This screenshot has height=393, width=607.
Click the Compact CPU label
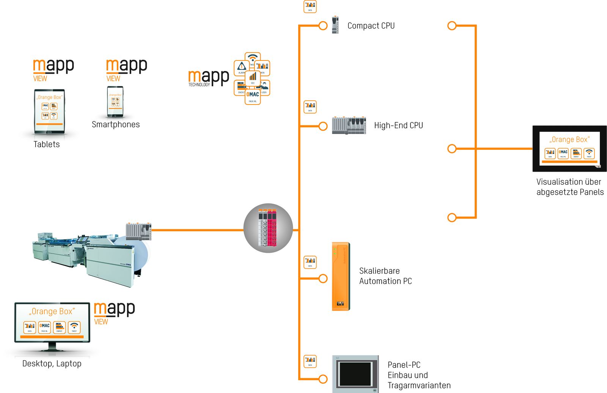click(x=371, y=26)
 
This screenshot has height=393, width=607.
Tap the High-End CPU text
click(x=398, y=125)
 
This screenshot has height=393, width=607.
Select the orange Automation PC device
click(x=341, y=276)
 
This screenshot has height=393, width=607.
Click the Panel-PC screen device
click(x=355, y=374)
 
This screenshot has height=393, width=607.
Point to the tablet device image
click(x=49, y=112)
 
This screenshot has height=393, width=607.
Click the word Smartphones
click(x=116, y=125)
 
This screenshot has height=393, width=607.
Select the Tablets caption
click(x=46, y=144)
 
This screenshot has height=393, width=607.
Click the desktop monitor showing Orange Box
click(x=52, y=323)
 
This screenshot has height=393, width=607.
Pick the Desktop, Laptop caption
click(x=52, y=364)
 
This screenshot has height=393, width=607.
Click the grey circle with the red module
click(x=268, y=228)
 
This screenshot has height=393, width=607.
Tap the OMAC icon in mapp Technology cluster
click(x=253, y=96)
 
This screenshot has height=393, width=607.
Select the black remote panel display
click(x=569, y=149)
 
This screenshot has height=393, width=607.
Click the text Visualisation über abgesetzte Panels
click(x=570, y=187)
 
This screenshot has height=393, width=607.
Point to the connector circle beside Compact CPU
click(x=323, y=26)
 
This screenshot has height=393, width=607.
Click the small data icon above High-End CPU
click(x=310, y=106)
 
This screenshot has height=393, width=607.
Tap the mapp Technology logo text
click(x=208, y=78)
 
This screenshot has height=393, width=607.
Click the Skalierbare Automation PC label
click(x=385, y=276)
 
